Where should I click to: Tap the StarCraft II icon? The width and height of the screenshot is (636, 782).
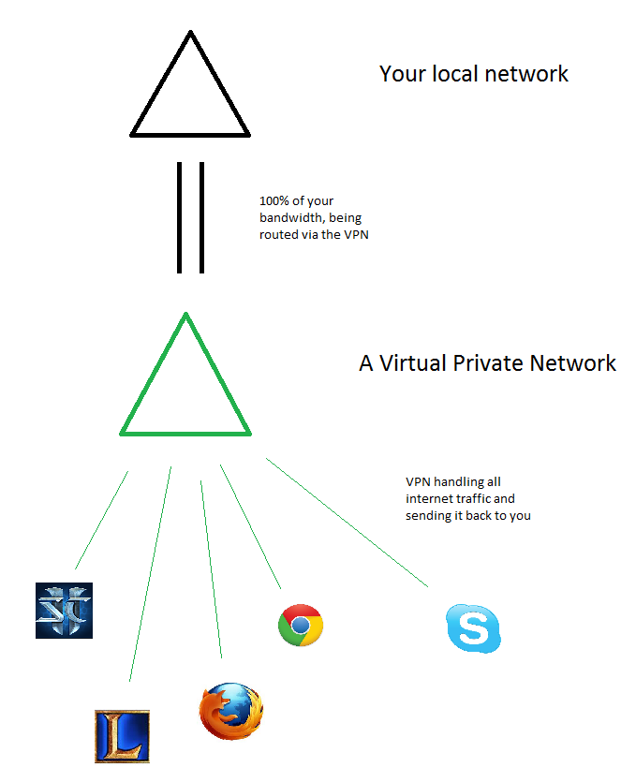(64, 611)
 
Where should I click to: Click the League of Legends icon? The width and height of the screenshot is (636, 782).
(122, 736)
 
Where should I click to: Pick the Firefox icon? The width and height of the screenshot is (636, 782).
(230, 712)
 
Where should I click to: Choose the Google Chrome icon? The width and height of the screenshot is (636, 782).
(300, 625)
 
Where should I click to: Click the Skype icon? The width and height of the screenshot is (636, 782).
(473, 627)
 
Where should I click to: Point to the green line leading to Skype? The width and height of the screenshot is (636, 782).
(347, 523)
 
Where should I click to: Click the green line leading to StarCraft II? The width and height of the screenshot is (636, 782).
(101, 520)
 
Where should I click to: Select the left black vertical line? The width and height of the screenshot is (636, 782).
(179, 218)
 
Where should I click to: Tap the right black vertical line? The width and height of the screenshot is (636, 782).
(201, 218)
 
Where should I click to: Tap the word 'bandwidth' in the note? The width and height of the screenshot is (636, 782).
(289, 218)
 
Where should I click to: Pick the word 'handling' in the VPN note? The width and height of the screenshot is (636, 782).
(460, 482)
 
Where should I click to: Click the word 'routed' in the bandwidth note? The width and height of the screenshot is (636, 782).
(278, 235)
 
